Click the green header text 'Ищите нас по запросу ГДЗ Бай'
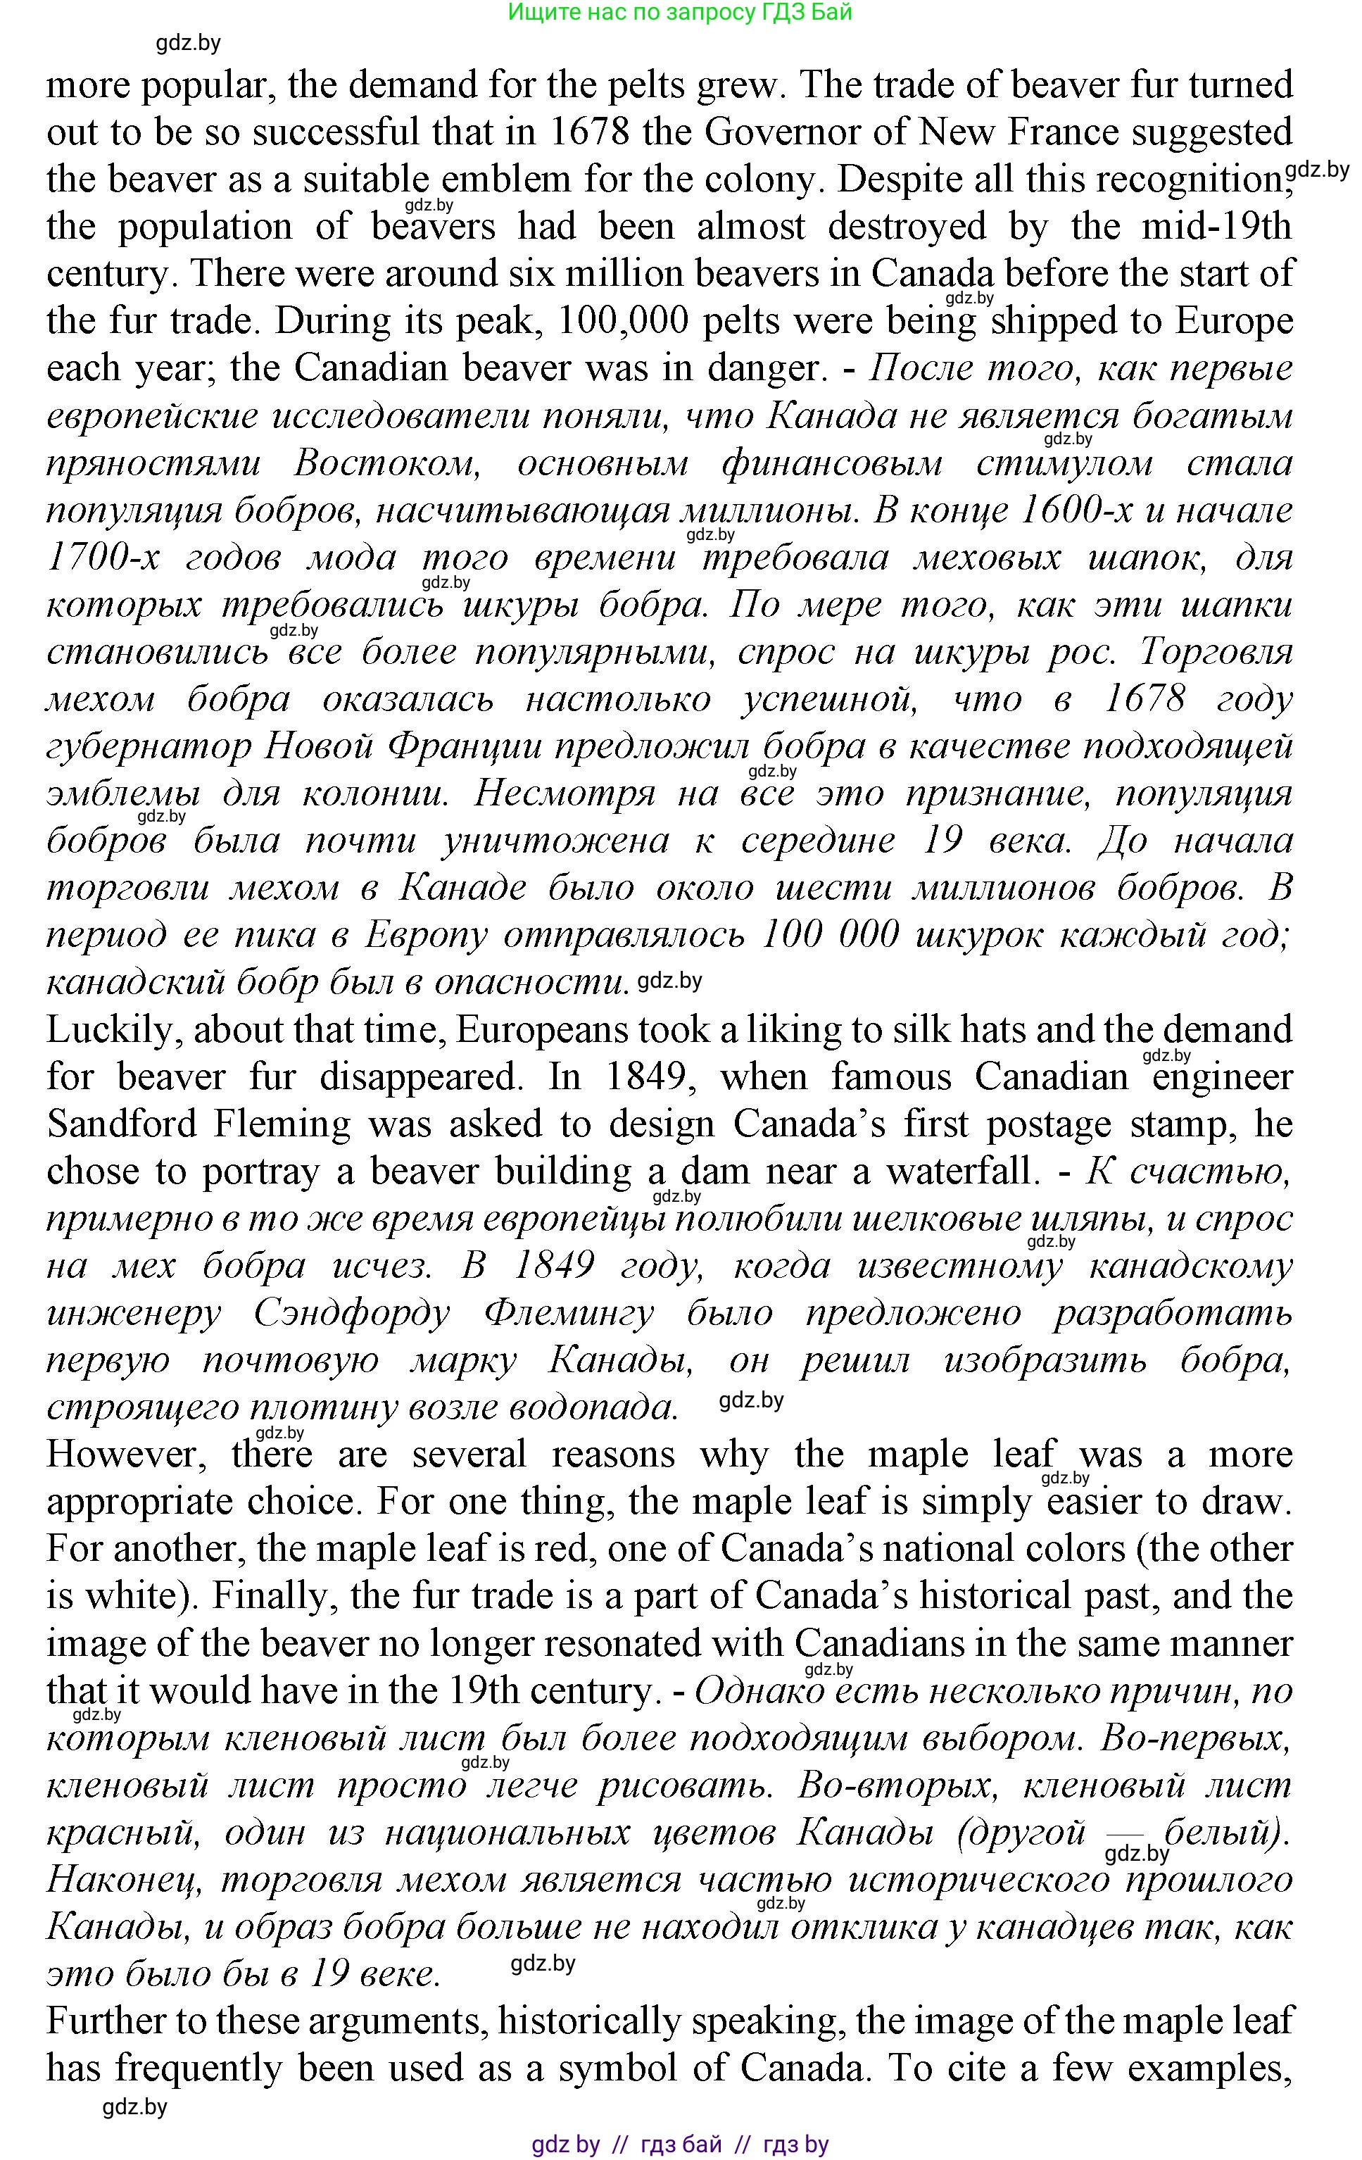click(680, 13)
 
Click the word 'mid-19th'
click(1216, 226)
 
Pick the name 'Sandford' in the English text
click(123, 1124)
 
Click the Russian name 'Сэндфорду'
click(351, 1313)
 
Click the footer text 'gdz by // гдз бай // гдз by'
click(680, 2144)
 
